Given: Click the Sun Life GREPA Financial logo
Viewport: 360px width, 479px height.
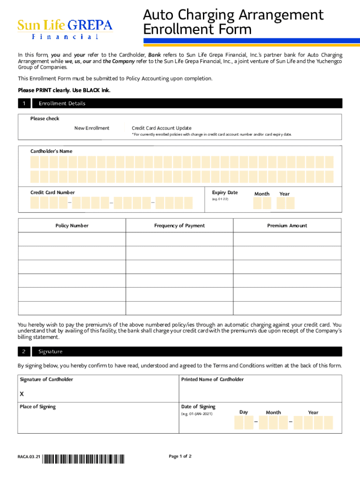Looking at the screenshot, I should pos(65,29).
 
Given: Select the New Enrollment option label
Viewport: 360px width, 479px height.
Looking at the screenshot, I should pos(92,128).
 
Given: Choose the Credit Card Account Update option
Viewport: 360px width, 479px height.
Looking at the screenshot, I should pos(161,128).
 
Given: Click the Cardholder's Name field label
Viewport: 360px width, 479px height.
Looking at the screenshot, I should pos(51,152).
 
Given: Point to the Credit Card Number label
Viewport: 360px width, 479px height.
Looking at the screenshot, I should pos(52,193).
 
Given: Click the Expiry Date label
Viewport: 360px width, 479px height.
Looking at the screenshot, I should pos(225,193).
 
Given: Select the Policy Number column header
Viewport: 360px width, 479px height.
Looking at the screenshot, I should pos(72,226).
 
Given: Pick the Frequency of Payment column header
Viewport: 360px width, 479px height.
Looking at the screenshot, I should pos(180,226).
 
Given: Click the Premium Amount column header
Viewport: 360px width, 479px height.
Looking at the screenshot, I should pos(287,226).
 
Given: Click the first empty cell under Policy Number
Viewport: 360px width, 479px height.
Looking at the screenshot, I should pos(72,239).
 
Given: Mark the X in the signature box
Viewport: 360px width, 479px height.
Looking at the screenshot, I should pos(22,394).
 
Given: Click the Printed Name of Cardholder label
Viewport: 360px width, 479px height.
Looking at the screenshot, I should pos(212,379).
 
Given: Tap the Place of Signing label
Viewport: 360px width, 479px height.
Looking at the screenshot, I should pos(37,407).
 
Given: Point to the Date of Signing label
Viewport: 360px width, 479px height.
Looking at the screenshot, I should pos(198,407).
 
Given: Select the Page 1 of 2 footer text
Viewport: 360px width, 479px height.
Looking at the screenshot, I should pos(180,457).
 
